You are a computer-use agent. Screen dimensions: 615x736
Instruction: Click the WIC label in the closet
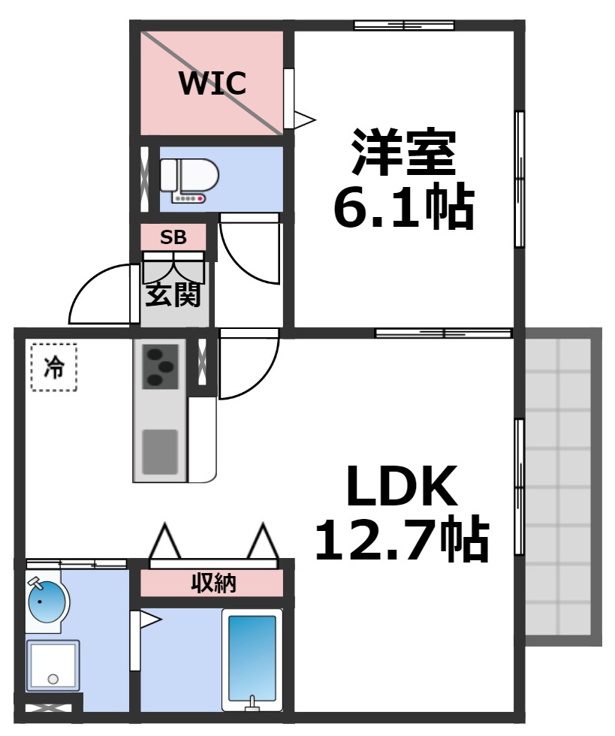pyautogui.click(x=213, y=83)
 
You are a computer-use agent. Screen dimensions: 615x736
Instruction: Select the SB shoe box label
pyautogui.click(x=173, y=237)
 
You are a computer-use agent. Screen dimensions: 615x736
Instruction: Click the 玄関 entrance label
pyautogui.click(x=173, y=294)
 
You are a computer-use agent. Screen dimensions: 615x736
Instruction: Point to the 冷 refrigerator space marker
pyautogui.click(x=54, y=367)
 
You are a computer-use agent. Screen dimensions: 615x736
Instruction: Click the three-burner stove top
pyautogui.click(x=160, y=367)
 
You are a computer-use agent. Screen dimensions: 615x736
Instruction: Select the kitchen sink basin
pyautogui.click(x=160, y=452)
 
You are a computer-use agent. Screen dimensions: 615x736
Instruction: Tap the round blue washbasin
pyautogui.click(x=48, y=602)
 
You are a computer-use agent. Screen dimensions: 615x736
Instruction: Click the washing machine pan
pyautogui.click(x=53, y=665)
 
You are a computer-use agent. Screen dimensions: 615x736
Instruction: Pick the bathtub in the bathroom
pyautogui.click(x=252, y=660)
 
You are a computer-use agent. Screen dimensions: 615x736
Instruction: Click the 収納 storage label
pyautogui.click(x=213, y=583)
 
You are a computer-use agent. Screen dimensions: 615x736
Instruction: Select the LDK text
pyautogui.click(x=402, y=486)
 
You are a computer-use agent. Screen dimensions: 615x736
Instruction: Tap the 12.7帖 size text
pyautogui.click(x=402, y=539)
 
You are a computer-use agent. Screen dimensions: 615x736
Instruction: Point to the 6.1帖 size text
pyautogui.click(x=404, y=206)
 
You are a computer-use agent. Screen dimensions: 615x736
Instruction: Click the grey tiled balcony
pyautogui.click(x=563, y=487)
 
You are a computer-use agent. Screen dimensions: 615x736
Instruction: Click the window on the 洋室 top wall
pyautogui.click(x=404, y=25)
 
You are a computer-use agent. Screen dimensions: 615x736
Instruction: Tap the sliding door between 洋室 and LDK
pyautogui.click(x=443, y=333)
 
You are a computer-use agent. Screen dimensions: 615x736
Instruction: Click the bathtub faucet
pyautogui.click(x=252, y=703)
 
